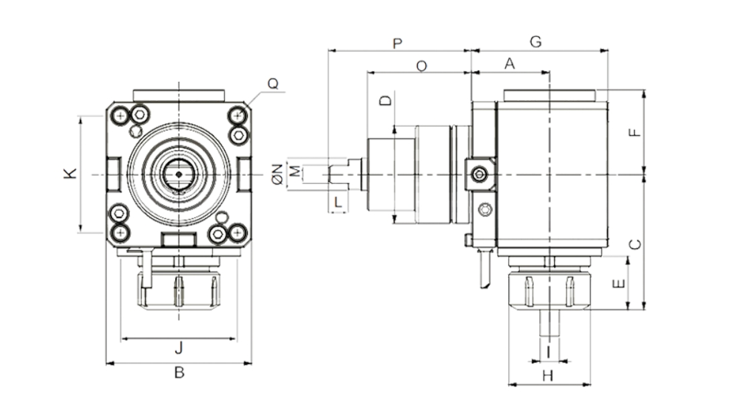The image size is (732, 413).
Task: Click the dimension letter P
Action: coord(397,44)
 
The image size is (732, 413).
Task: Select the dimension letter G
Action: coord(535,42)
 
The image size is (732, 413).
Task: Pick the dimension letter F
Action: coord(635,132)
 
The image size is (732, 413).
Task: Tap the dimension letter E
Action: coord(620,283)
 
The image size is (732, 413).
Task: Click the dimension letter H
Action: coord(547,376)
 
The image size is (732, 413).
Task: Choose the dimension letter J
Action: coord(179,349)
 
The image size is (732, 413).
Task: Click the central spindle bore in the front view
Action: coord(178,174)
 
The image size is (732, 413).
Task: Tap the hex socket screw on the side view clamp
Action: coord(477,175)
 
